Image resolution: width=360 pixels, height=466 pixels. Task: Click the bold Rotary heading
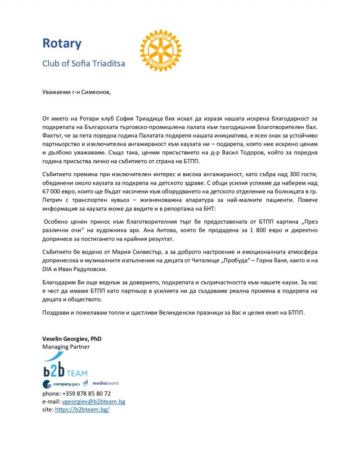coord(62,44)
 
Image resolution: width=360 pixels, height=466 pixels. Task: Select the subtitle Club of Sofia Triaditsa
coord(84,63)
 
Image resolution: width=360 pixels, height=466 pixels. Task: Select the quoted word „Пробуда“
coord(222,260)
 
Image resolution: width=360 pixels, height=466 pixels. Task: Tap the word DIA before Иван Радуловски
coord(48,269)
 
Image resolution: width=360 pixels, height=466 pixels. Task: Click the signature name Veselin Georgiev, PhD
coord(72,339)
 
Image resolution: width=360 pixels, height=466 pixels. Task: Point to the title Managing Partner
coord(66,347)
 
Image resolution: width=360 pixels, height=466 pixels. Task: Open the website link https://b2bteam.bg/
coord(82,410)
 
